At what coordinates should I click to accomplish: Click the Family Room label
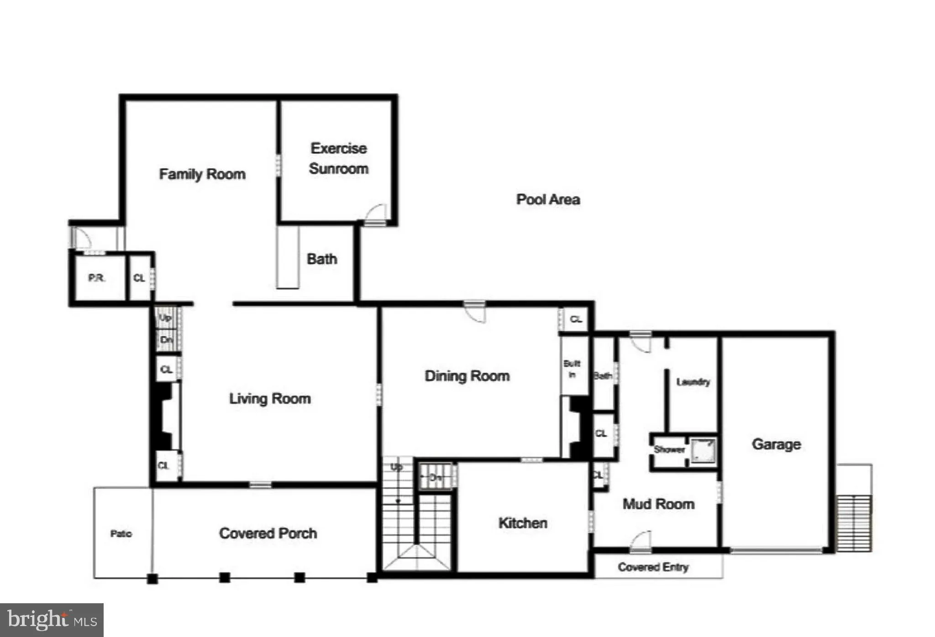[x=202, y=174]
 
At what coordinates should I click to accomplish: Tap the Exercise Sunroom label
[x=338, y=158]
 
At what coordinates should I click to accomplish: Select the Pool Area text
[x=548, y=199]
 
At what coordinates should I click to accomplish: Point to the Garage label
[x=776, y=444]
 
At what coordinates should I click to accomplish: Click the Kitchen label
[x=523, y=523]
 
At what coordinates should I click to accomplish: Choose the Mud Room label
[x=658, y=504]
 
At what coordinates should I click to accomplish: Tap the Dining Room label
[x=467, y=376]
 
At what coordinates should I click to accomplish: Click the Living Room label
[x=270, y=398]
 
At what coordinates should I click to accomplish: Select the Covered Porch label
[x=268, y=533]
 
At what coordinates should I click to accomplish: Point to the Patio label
[x=121, y=533]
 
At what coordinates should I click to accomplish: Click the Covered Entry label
[x=653, y=567]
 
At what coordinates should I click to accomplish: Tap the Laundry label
[x=693, y=382]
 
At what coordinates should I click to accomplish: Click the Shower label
[x=669, y=449]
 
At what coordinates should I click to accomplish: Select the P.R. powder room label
[x=96, y=278]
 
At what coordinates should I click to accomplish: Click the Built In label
[x=572, y=369]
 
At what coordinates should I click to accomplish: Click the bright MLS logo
[x=52, y=620]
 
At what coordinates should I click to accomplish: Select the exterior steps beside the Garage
[x=854, y=523]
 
